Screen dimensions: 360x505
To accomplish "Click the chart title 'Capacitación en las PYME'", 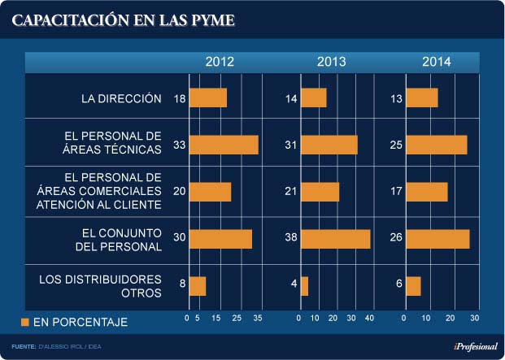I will coord(124,20).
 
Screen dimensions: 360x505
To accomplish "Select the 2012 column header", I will coord(220,62).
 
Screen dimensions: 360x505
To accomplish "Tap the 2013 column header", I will coord(332,62).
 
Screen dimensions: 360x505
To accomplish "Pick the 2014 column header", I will coord(437,62).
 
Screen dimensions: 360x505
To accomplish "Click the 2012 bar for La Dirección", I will coord(207,98).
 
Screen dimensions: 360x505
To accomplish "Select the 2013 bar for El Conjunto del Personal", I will coord(335,239).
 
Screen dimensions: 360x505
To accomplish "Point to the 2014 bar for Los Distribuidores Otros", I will coord(413,286).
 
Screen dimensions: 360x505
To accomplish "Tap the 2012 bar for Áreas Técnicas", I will coord(223,145).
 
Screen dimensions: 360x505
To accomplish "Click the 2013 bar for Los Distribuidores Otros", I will coord(304,286).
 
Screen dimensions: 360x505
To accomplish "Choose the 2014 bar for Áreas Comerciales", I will coord(426,192).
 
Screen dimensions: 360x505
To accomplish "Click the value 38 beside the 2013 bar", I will coord(288,239).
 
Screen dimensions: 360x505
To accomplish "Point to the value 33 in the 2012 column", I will coord(180,145).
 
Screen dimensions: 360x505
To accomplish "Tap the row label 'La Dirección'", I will coord(121,98).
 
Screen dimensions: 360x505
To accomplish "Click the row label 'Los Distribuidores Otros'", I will coord(100,286).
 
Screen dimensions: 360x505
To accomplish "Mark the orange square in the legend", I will coord(25,323).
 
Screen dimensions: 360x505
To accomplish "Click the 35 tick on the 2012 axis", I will coord(257,318).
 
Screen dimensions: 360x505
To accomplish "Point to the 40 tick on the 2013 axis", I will coord(368,318).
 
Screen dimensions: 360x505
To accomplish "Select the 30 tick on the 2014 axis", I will coord(474,318).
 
